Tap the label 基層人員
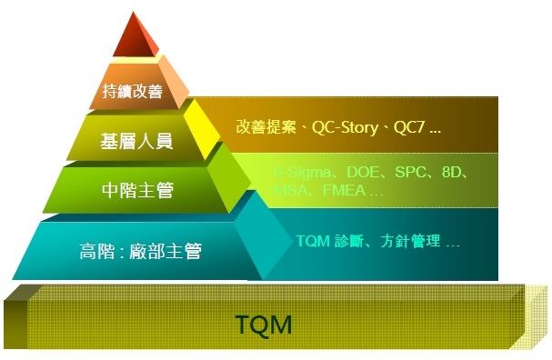pyautogui.click(x=136, y=141)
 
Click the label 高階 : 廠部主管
pyautogui.click(x=141, y=251)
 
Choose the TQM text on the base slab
pyautogui.click(x=264, y=325)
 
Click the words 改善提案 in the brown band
pyautogui.click(x=265, y=128)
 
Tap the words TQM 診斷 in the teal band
pyautogui.click(x=329, y=242)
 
